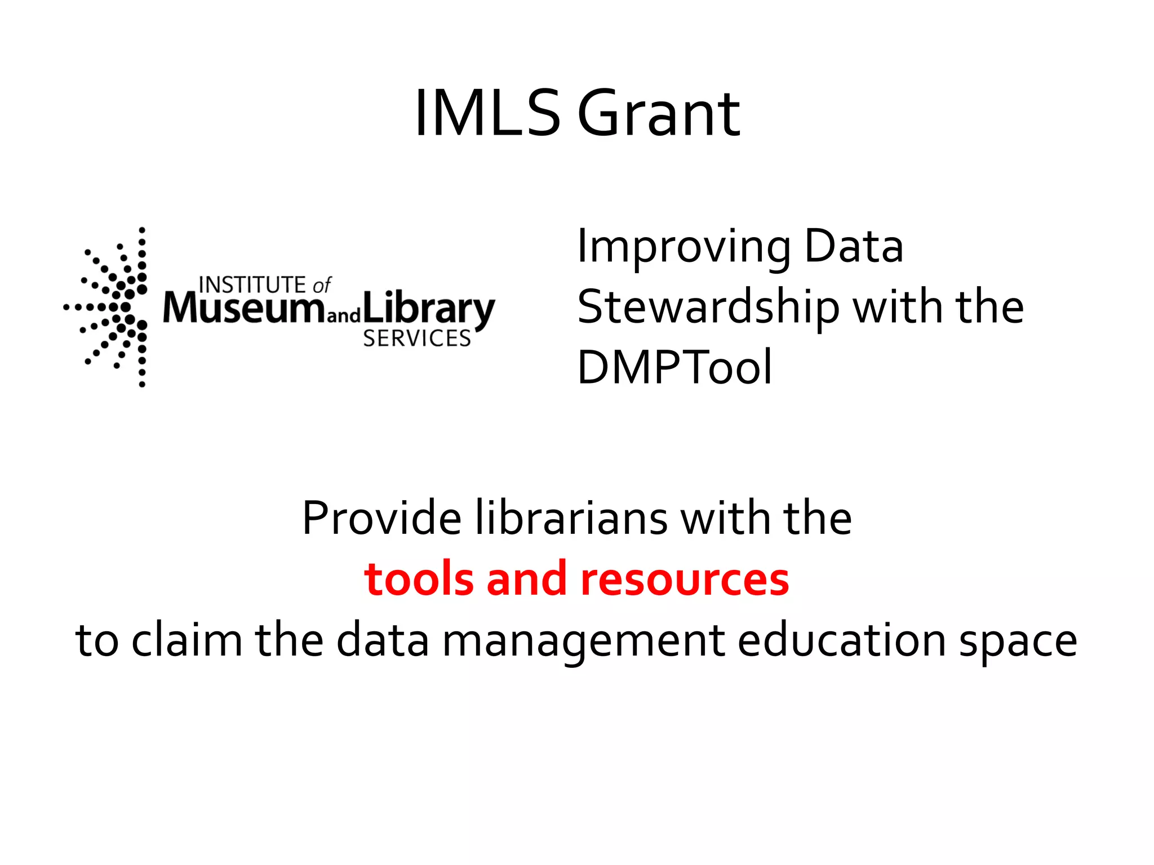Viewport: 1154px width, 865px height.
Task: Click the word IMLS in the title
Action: coord(487,114)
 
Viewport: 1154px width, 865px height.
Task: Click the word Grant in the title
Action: coord(659,114)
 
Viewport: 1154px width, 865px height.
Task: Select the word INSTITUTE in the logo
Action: coord(252,285)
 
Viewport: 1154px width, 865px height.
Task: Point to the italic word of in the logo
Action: coord(322,286)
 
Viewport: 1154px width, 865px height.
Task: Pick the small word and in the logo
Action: coord(343,315)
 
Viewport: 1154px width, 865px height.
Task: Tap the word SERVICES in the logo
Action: coord(416,338)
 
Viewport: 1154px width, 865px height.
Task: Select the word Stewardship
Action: coord(708,307)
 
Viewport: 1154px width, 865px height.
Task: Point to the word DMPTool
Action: coord(674,367)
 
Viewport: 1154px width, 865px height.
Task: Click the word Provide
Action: coord(381,518)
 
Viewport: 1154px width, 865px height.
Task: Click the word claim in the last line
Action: coord(187,640)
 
